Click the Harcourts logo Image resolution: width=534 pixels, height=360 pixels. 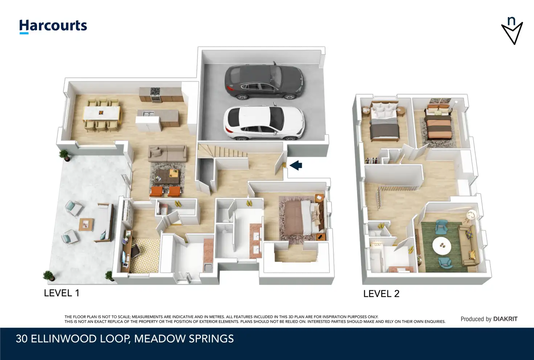point(53,26)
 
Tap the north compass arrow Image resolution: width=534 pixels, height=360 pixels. point(512,31)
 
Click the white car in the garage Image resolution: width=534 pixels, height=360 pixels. point(264,123)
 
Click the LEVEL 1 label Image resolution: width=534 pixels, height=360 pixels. point(62,293)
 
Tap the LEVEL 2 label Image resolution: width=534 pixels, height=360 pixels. point(381,294)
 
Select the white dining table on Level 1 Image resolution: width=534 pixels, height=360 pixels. point(102,113)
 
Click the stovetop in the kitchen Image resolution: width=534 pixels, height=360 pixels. point(155,91)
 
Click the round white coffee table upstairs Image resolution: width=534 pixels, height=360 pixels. point(442,246)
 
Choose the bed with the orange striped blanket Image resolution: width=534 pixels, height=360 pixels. point(438,124)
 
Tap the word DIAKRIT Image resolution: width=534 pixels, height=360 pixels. point(505,319)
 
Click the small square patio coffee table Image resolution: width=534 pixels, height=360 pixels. point(86,225)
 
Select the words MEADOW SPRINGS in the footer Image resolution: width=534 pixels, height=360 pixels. point(184,339)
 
